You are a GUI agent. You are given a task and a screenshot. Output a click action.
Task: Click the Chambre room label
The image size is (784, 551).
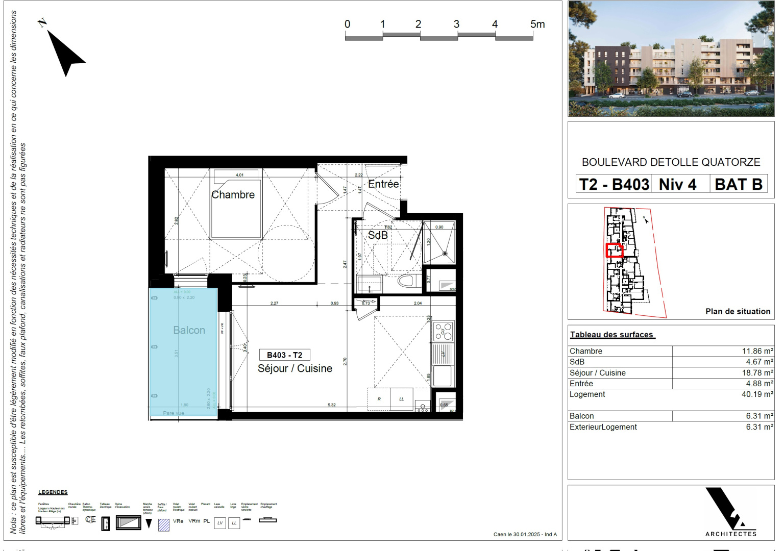point(233,195)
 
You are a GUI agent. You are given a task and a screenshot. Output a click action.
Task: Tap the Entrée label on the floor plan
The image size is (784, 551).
point(383,184)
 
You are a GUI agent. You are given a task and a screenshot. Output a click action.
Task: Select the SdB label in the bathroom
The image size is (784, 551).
point(378,235)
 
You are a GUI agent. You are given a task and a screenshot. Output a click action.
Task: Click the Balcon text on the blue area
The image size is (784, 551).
point(189,331)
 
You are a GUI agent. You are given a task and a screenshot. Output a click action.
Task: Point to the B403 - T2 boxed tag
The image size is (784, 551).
point(284,355)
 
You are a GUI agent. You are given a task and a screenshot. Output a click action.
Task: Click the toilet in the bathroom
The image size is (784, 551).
point(407,281)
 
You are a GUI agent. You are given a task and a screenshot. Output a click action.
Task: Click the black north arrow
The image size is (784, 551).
point(65,54)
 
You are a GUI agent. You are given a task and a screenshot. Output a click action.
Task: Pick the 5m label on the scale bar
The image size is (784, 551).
point(537,24)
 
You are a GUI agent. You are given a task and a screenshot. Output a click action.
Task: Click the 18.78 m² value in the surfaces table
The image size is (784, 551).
point(757,373)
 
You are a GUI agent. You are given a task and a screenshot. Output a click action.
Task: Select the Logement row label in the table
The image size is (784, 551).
point(587,394)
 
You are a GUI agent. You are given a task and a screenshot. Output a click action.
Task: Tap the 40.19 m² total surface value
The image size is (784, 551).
point(757,394)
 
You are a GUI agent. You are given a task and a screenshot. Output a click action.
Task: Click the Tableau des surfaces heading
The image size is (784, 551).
point(611,335)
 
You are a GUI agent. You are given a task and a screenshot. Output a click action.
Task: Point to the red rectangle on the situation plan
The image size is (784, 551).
point(615,251)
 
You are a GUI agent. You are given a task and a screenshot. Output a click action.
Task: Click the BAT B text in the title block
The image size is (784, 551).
point(738,184)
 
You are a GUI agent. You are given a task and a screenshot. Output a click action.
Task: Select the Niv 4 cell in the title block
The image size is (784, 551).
point(677,184)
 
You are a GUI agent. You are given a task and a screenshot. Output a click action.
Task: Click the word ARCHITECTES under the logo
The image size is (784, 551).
point(730,534)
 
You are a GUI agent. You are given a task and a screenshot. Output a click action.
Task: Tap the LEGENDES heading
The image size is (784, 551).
point(53,492)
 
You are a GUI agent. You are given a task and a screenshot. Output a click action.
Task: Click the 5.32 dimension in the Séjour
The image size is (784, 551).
point(332,405)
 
